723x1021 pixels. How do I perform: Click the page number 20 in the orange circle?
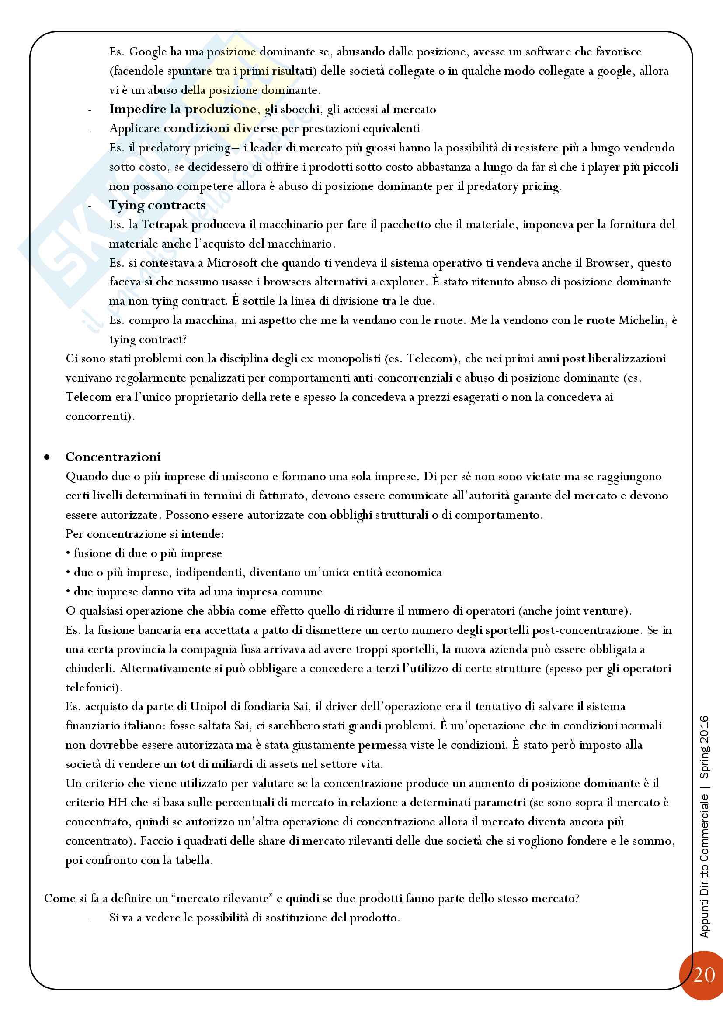tap(704, 975)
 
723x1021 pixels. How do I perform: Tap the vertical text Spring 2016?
tap(704, 747)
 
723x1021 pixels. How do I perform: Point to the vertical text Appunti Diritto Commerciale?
tap(704, 864)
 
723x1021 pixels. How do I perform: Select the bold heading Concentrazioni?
tap(113, 457)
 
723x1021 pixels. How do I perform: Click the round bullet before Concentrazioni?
tap(47, 457)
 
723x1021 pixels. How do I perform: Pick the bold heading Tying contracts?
tap(157, 205)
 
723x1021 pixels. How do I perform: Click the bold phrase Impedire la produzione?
tap(183, 109)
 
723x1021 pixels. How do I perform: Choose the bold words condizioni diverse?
tap(220, 128)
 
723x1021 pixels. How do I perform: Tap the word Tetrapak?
tap(164, 224)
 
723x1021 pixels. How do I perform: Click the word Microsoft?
tap(232, 263)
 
